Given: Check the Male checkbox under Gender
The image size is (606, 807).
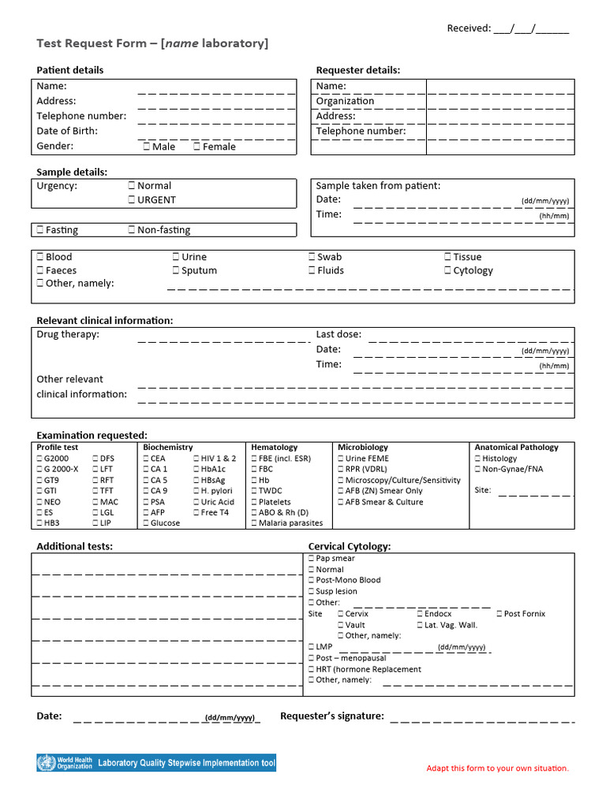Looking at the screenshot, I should click(x=148, y=147).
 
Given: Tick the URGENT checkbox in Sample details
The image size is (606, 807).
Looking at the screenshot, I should click(x=132, y=200).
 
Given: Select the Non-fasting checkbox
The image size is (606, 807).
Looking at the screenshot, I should click(x=132, y=230).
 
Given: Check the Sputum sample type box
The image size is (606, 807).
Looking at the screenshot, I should click(x=176, y=270).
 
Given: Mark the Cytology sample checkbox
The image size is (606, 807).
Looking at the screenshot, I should click(x=447, y=270).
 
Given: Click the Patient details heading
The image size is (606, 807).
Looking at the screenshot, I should click(x=70, y=70).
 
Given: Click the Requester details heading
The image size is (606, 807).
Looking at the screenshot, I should click(x=357, y=70).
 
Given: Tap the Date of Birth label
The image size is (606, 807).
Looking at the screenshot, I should click(x=67, y=131).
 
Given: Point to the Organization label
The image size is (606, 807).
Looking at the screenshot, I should click(x=345, y=101).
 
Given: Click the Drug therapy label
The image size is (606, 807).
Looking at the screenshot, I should click(x=68, y=334).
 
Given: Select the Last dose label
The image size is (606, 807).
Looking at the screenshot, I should click(x=339, y=334).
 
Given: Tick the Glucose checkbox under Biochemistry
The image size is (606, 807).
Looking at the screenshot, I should click(x=145, y=523).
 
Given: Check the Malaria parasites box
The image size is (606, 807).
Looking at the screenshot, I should click(x=254, y=523).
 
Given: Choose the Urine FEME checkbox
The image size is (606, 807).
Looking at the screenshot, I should click(x=341, y=459).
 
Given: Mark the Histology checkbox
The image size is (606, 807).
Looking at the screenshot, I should click(x=477, y=459).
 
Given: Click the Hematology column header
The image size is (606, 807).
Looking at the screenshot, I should click(x=274, y=447).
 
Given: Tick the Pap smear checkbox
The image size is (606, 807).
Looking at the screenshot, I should click(x=312, y=559).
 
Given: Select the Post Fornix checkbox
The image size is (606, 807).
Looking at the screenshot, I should click(x=499, y=614).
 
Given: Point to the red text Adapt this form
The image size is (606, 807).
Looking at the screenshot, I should click(x=497, y=768).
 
